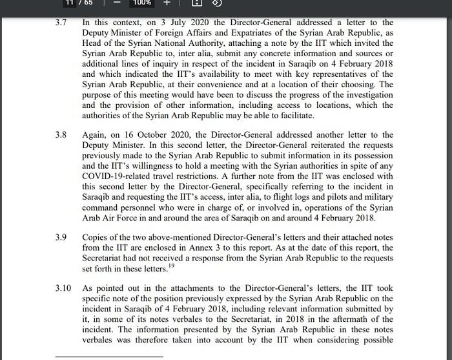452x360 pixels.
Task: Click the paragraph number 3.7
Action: (x=61, y=23)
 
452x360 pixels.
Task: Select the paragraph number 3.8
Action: (x=61, y=135)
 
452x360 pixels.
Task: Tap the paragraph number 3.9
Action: (x=61, y=238)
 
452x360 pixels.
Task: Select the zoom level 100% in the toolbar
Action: (x=143, y=3)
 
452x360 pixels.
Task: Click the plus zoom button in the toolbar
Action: (x=166, y=3)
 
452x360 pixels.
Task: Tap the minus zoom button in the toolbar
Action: (x=118, y=3)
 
